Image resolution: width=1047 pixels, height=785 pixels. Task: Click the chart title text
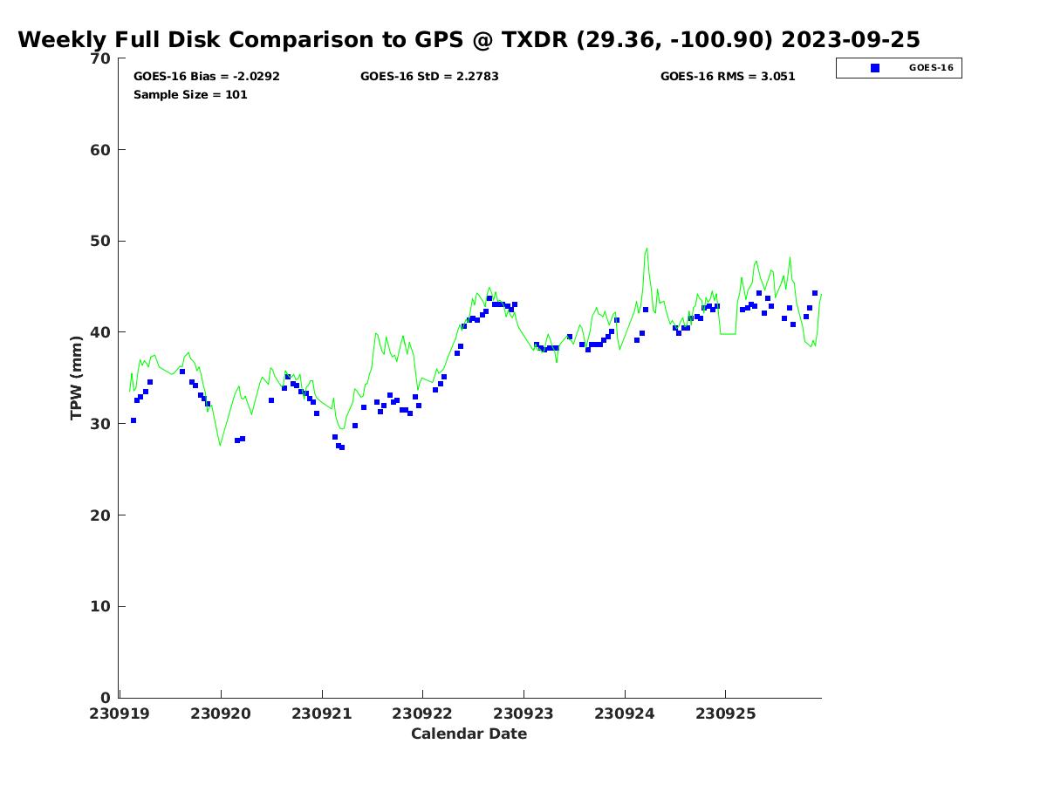pyautogui.click(x=469, y=40)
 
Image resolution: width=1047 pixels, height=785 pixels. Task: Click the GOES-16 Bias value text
pyautogui.click(x=207, y=77)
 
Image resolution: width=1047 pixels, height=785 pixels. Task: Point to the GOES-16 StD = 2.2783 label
pyautogui.click(x=429, y=77)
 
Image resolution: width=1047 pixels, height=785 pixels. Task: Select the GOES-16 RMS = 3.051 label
pyautogui.click(x=728, y=77)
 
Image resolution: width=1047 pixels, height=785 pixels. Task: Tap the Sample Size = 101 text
pyautogui.click(x=190, y=95)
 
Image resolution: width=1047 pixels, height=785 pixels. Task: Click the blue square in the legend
pyautogui.click(x=875, y=68)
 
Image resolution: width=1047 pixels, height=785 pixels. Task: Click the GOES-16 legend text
pyautogui.click(x=931, y=68)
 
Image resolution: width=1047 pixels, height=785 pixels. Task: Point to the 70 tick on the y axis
pyautogui.click(x=100, y=58)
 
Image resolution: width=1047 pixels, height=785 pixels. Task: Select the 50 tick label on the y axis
pyautogui.click(x=100, y=242)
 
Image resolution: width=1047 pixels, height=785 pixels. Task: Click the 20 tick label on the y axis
pyautogui.click(x=100, y=515)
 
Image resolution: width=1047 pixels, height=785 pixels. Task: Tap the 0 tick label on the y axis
pyautogui.click(x=106, y=698)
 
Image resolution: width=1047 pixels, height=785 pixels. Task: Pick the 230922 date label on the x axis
pyautogui.click(x=423, y=713)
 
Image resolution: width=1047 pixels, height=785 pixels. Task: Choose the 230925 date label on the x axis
pyautogui.click(x=725, y=713)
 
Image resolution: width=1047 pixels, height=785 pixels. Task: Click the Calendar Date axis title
pyautogui.click(x=469, y=734)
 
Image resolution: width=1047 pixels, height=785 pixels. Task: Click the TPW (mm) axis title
pyautogui.click(x=77, y=377)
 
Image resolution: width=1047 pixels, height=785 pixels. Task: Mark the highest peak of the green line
pyautogui.click(x=647, y=249)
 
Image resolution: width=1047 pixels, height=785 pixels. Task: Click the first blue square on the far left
pyautogui.click(x=133, y=420)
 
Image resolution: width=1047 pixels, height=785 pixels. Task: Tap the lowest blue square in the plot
pyautogui.click(x=341, y=447)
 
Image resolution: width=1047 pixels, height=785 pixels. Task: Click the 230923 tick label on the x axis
pyautogui.click(x=523, y=713)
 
